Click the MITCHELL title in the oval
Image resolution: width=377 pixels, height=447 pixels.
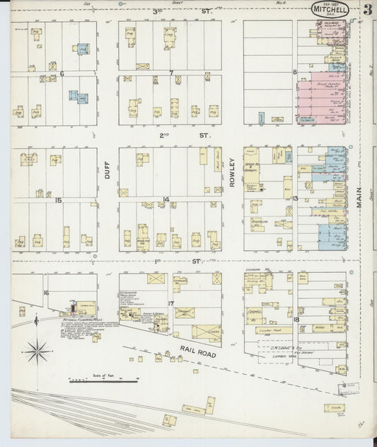[x=329, y=10]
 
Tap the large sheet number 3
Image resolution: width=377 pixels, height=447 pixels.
[x=367, y=10]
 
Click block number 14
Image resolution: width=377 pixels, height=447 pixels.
[x=166, y=200]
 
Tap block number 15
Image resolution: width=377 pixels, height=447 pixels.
[x=58, y=200]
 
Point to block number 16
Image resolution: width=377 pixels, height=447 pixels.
[x=46, y=292]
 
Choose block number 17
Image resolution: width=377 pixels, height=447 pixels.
[x=170, y=302]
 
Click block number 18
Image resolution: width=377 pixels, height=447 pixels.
[x=296, y=319]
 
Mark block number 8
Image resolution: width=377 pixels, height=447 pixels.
[x=294, y=72]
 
